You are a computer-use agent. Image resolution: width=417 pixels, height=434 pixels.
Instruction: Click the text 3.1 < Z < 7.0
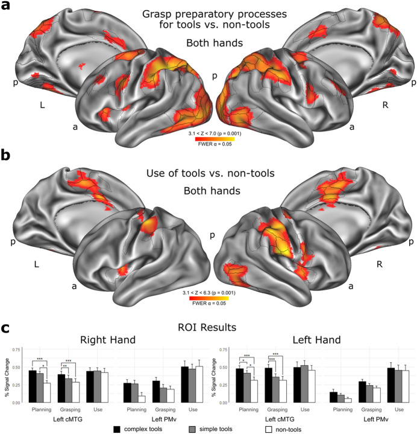(209, 137)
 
